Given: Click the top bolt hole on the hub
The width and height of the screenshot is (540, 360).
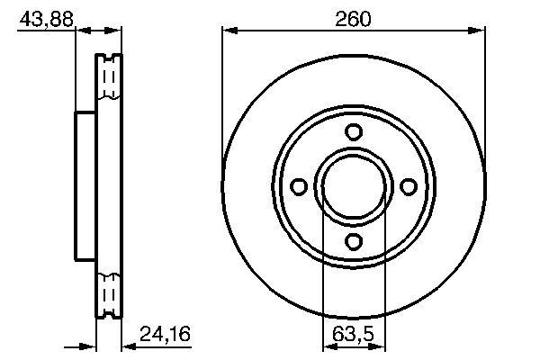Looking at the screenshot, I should point(354,131).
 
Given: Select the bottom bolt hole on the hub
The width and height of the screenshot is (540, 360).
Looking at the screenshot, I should point(354,240).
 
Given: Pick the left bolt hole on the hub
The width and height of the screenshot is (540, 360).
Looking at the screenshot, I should point(299,186).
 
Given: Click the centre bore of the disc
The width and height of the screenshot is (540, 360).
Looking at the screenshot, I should point(354,186).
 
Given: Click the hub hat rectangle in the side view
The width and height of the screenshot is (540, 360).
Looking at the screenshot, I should point(85,186).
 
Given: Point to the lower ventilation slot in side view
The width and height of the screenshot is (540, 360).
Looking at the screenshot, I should point(108,292).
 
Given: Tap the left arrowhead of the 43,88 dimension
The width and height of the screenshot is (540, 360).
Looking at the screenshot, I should point(80,31).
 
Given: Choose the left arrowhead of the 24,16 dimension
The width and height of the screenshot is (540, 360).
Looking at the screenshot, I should point(90,346).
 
